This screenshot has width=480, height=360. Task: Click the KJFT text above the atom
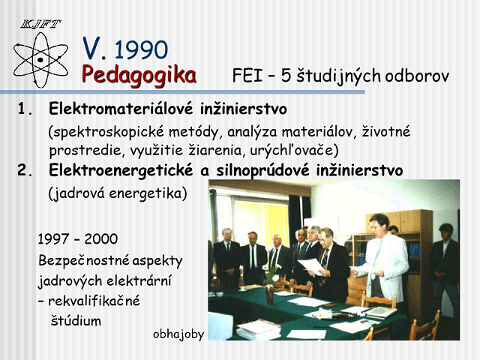(x=40, y=24)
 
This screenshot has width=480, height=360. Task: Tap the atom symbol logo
(x=40, y=60)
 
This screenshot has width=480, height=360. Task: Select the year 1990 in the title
(x=141, y=49)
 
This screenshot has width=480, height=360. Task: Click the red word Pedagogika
(x=139, y=75)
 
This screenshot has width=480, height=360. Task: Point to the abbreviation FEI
(x=247, y=76)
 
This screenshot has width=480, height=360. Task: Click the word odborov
(x=417, y=76)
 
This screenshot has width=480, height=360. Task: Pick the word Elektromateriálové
(x=121, y=109)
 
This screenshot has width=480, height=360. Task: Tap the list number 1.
(x=25, y=109)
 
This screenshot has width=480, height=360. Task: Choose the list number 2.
(x=25, y=170)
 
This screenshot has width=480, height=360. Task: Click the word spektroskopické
(x=106, y=132)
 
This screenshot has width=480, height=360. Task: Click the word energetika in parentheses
(x=148, y=193)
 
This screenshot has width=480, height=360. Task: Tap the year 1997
(x=52, y=239)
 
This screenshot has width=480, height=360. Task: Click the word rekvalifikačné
(x=94, y=301)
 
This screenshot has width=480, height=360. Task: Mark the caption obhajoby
(x=178, y=334)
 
